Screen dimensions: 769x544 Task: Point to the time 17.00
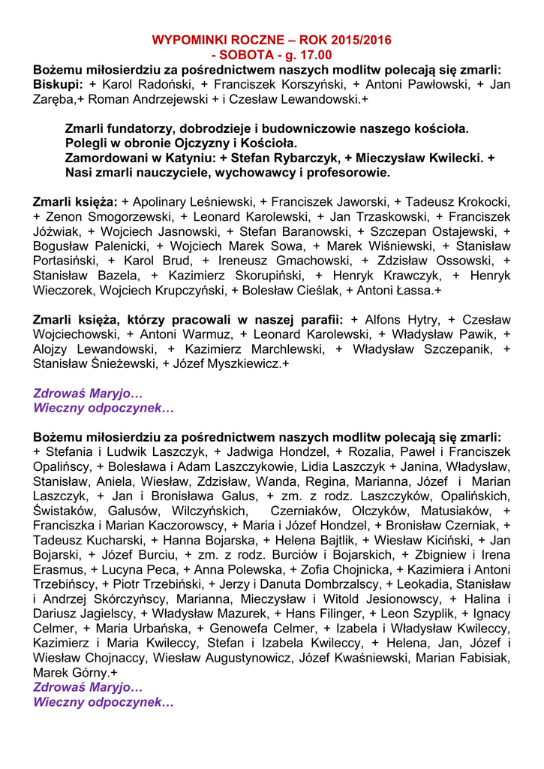pyautogui.click(x=316, y=55)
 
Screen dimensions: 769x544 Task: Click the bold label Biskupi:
pyautogui.click(x=58, y=84)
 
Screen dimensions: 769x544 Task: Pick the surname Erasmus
pyautogui.click(x=58, y=569)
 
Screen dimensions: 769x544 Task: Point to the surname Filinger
pyautogui.click(x=334, y=614)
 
